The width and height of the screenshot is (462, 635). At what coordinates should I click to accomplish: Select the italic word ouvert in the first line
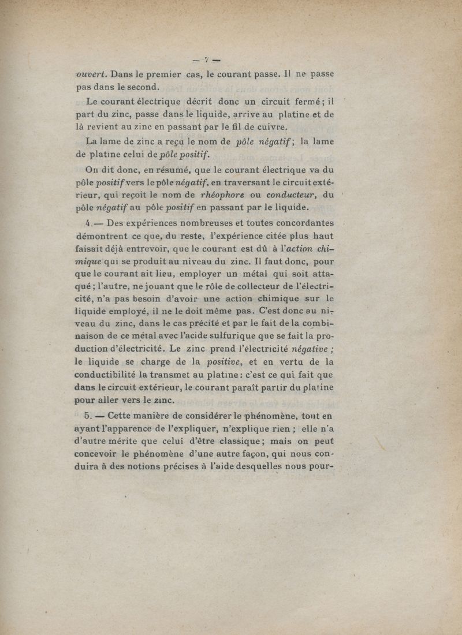point(91,74)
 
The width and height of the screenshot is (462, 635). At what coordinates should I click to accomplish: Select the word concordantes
point(299,223)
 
